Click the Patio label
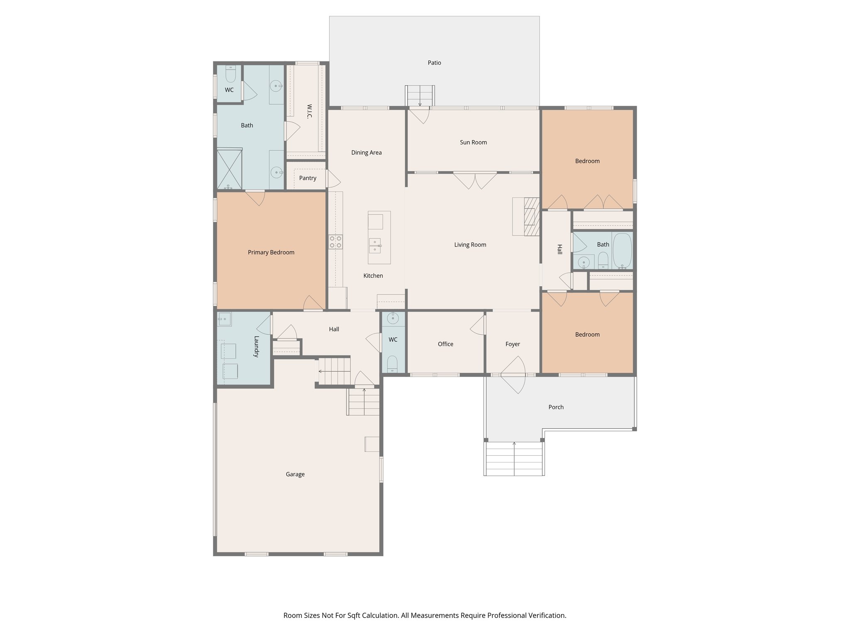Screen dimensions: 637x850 point(434,63)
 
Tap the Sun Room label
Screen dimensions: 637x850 point(473,142)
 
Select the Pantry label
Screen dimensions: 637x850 point(308,178)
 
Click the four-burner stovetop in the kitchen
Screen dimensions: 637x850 point(335,242)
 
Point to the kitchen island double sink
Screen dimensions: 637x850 point(375,246)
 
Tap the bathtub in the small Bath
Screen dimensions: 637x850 point(622,250)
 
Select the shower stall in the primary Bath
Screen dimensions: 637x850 point(229,169)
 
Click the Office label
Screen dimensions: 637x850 point(445,344)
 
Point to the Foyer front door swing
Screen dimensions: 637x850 point(514,375)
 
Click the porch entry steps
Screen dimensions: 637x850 point(514,458)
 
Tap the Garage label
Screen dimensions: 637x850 point(295,474)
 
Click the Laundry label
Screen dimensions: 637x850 point(256,346)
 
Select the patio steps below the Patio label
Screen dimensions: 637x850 point(420,96)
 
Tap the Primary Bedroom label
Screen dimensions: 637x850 point(271,252)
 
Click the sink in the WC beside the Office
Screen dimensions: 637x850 point(392,318)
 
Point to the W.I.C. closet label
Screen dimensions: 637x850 point(309,111)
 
